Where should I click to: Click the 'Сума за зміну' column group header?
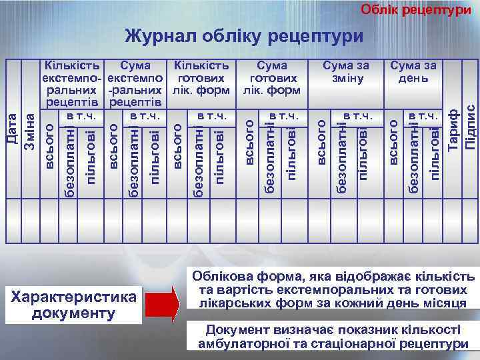(345, 71)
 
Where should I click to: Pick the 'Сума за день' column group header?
(413, 71)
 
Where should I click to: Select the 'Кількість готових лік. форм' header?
(201, 77)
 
